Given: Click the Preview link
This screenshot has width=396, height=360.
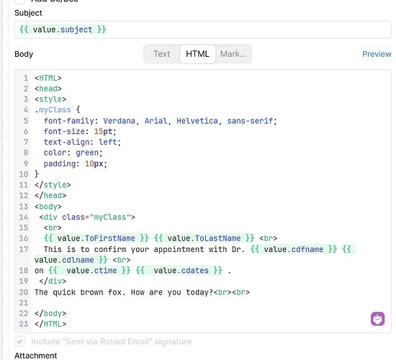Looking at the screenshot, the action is (377, 54).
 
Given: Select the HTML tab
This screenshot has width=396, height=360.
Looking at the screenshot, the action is (197, 54).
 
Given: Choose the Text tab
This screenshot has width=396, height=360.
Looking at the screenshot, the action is (161, 54).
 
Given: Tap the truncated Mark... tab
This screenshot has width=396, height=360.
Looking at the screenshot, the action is (233, 54).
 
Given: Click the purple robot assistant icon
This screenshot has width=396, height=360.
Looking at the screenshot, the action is (377, 319).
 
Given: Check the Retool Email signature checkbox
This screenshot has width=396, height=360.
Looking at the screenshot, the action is (20, 341).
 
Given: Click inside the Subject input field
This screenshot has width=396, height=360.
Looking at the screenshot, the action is (203, 30).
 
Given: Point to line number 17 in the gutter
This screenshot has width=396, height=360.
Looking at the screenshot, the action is (24, 249).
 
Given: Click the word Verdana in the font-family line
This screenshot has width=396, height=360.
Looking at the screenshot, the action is (120, 121).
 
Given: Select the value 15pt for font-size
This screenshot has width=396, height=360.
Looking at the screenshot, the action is (103, 131).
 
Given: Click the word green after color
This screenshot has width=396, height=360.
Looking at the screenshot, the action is (87, 153).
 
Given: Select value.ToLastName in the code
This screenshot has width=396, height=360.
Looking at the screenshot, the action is (204, 238).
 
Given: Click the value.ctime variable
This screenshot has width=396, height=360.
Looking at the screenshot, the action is (91, 271).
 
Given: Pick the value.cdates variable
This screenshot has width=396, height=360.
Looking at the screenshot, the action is (181, 271).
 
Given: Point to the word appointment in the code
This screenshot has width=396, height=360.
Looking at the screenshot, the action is (179, 249).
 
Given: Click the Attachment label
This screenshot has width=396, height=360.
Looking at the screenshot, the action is (35, 356).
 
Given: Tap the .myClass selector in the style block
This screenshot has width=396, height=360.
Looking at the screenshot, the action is (53, 110).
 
